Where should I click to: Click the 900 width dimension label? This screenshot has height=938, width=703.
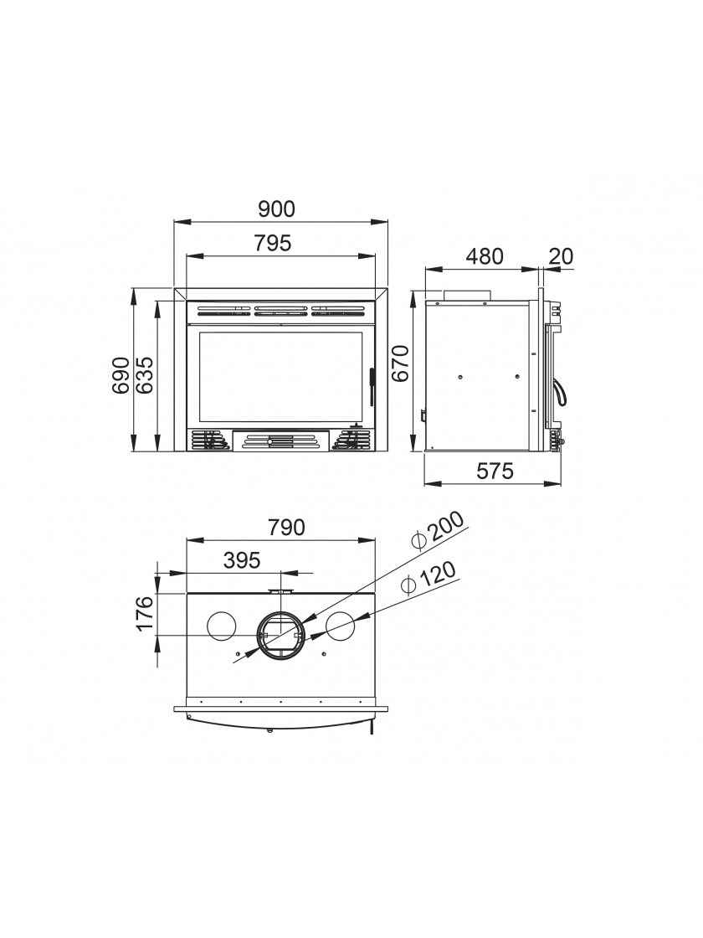click(277, 209)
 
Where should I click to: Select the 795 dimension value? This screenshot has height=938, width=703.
click(273, 244)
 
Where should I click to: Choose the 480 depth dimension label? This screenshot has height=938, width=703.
click(485, 256)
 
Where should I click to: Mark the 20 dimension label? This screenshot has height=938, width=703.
click(561, 256)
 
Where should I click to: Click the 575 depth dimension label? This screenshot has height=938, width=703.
click(495, 472)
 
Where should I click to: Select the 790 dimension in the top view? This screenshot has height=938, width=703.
click(285, 528)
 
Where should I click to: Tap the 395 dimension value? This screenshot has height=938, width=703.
click(242, 560)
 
